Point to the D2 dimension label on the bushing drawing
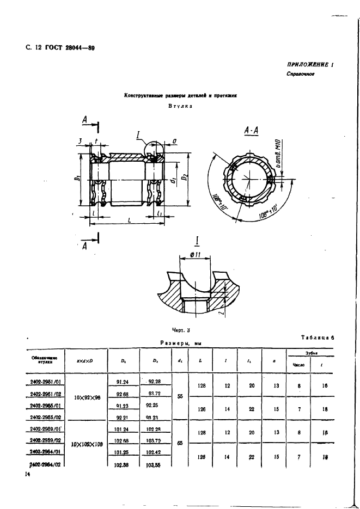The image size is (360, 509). click(185, 177)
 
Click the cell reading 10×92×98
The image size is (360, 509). click(88, 397)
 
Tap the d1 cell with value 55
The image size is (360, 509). click(180, 397)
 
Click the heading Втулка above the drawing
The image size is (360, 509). click(180, 106)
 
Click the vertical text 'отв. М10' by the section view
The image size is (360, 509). click(277, 154)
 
